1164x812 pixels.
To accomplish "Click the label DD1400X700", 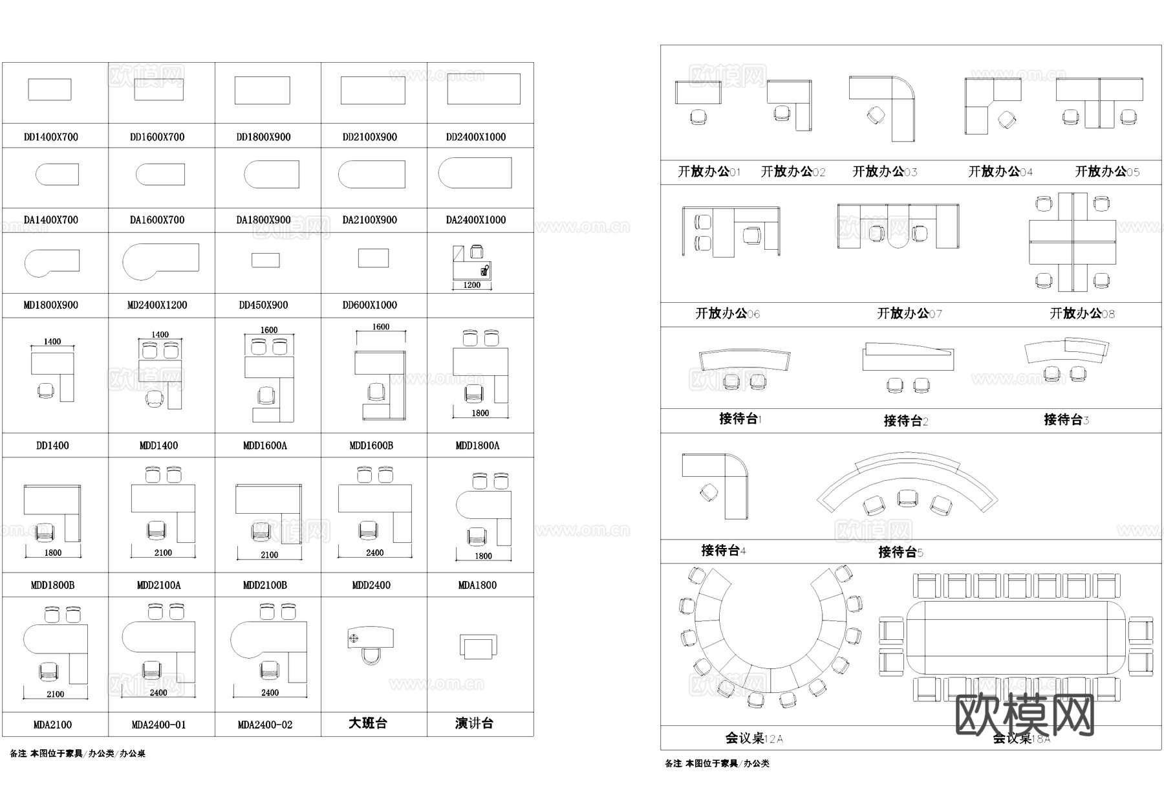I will (51, 137).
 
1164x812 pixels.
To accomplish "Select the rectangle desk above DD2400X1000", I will (484, 89).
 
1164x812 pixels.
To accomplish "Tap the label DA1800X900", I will (263, 220).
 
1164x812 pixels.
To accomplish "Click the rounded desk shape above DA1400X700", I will (57, 174).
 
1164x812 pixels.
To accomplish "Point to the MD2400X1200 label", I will (157, 305).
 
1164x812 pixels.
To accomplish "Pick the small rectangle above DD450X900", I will (265, 260).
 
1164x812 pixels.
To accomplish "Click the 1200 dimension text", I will (472, 285).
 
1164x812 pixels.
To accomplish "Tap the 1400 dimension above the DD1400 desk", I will (52, 342).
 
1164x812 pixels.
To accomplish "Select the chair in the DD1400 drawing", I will (45, 391).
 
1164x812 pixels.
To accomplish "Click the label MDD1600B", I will (371, 446).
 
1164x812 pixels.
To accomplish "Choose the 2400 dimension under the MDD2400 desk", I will (375, 553).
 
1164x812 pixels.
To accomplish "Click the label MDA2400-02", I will (265, 725).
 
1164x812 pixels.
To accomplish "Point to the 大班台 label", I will (368, 723).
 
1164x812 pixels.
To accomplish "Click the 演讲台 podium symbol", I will (478, 646).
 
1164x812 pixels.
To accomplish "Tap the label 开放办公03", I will (885, 171).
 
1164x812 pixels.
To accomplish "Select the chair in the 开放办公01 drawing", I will (698, 117).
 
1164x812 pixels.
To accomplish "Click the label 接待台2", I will (906, 421).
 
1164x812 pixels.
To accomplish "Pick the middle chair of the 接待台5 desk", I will (907, 498).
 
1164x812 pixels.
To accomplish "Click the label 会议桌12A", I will (754, 738).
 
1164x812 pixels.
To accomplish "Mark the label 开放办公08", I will (1082, 314).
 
